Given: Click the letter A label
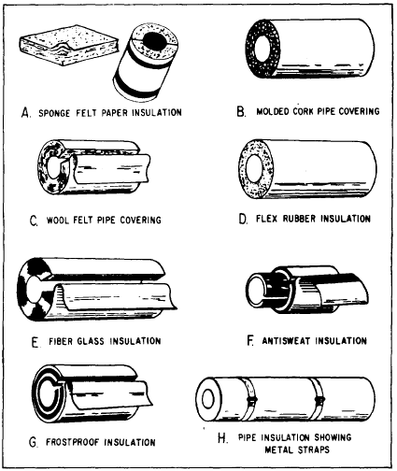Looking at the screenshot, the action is [25, 112].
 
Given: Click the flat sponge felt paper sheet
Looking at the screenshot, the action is [69, 45].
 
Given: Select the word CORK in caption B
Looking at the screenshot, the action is [304, 111].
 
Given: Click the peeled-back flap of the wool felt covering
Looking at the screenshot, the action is [112, 169].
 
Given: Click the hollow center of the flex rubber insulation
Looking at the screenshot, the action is [254, 168].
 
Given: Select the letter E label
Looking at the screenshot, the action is [35, 342].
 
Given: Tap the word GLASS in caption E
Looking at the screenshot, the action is [91, 341].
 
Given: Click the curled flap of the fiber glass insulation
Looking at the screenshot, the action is [115, 297].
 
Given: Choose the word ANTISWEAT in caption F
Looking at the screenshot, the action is [286, 341].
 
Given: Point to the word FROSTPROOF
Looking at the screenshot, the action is [73, 442].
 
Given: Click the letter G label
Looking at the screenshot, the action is [33, 442].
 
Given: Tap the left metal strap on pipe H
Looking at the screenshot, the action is [249, 400].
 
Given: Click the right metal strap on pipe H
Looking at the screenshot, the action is [318, 400].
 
